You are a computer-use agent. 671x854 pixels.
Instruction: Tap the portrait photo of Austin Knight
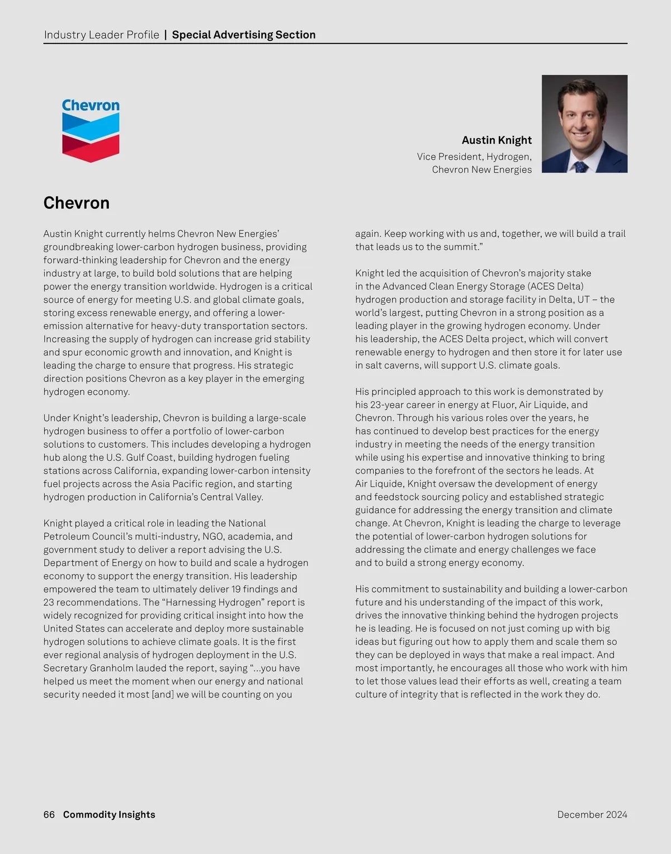pyautogui.click(x=584, y=124)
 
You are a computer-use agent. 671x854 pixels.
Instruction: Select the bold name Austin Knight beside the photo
pyautogui.click(x=497, y=140)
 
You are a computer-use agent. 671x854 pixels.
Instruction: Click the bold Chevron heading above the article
pyautogui.click(x=77, y=202)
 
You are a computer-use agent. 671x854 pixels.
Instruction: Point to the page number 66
pyautogui.click(x=49, y=814)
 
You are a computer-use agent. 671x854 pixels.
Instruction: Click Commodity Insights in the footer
pyautogui.click(x=109, y=814)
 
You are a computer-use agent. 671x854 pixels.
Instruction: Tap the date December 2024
pyautogui.click(x=592, y=814)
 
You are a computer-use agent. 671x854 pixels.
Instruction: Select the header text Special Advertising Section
pyautogui.click(x=244, y=35)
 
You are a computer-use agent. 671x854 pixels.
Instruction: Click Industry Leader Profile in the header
pyautogui.click(x=101, y=35)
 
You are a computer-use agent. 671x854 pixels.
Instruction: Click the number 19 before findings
pyautogui.click(x=237, y=589)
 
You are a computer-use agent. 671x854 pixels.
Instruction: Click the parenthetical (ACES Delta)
pyautogui.click(x=549, y=286)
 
